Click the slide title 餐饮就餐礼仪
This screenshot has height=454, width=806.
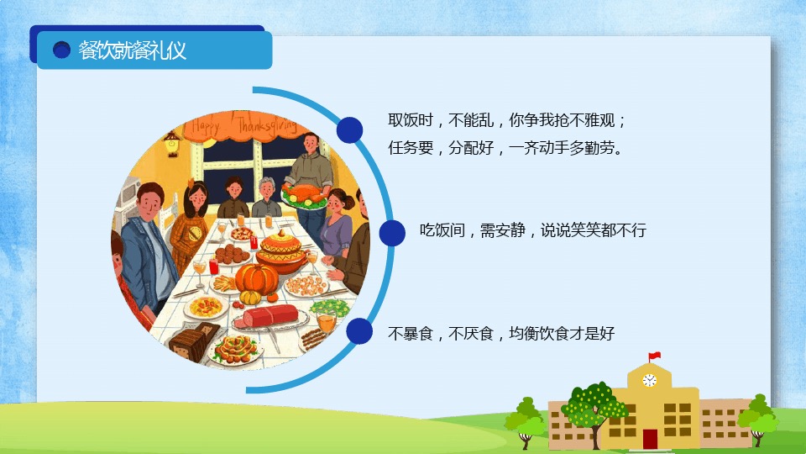click(132, 50)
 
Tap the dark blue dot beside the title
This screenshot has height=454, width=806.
click(61, 50)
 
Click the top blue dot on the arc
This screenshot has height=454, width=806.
click(349, 129)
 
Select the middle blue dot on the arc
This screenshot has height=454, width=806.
click(392, 233)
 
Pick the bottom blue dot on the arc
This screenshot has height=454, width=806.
click(359, 330)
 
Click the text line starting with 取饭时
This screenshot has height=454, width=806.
click(507, 120)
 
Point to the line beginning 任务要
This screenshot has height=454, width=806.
click(505, 148)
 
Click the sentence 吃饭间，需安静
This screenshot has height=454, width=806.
click(532, 230)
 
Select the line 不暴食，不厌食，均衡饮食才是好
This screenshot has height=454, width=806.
click(501, 334)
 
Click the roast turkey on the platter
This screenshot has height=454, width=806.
click(304, 196)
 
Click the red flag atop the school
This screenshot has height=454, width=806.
click(654, 356)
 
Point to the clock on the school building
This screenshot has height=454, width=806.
click(649, 380)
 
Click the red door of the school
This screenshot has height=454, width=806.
click(650, 439)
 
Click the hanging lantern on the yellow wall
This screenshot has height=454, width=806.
click(171, 143)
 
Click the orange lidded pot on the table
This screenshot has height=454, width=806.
click(281, 251)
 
